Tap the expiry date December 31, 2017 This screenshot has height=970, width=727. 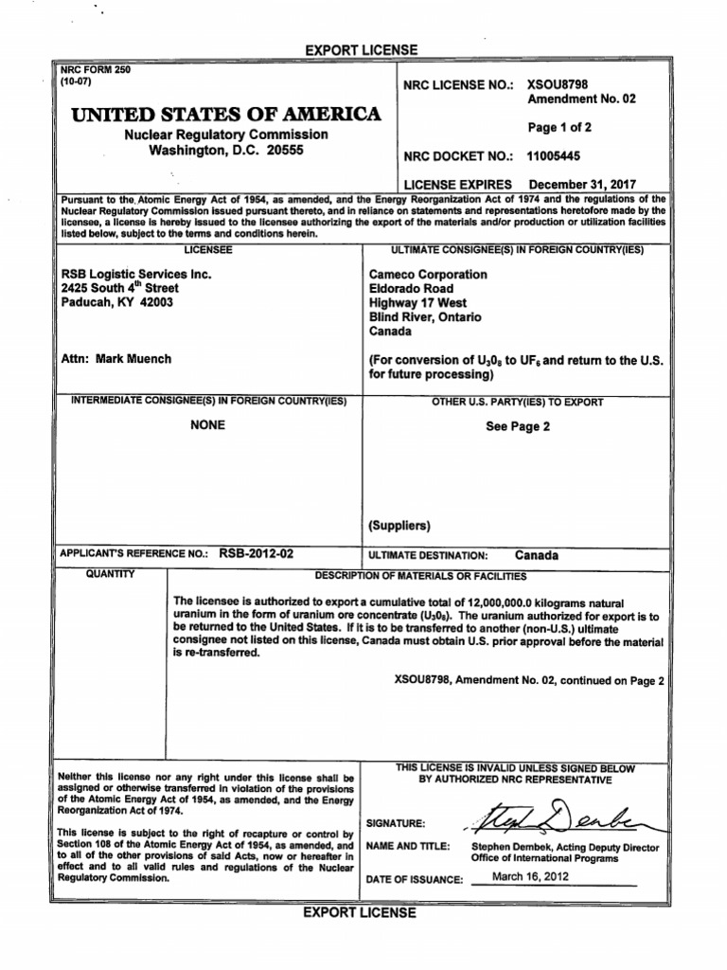(582, 184)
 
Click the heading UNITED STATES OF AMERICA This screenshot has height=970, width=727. (219, 116)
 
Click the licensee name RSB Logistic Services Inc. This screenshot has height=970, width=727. (135, 274)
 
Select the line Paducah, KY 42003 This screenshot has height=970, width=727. (116, 302)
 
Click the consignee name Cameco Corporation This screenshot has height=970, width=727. (428, 274)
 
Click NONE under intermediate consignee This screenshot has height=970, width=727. (208, 425)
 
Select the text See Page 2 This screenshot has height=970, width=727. (518, 425)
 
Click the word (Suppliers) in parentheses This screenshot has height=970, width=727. (399, 525)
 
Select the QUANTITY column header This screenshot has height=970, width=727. (112, 574)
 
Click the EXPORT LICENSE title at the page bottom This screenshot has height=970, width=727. (359, 912)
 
